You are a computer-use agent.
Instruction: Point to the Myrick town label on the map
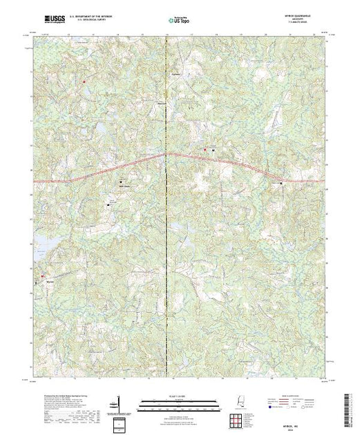pos(49,282)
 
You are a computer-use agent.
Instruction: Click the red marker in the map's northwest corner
pos(84,81)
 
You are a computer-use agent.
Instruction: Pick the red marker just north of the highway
pos(205,150)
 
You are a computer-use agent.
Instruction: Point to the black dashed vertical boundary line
pos(166,207)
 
